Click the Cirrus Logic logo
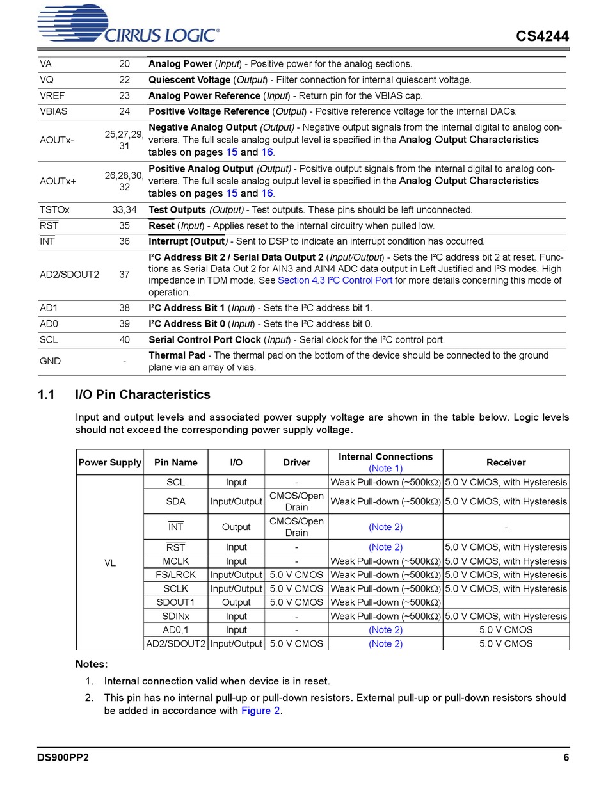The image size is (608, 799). (129, 26)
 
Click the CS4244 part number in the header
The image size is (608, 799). (542, 36)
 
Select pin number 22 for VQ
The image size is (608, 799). (124, 80)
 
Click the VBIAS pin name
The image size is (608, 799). (53, 111)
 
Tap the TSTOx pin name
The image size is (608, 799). (54, 210)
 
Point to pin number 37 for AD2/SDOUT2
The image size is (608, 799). (124, 275)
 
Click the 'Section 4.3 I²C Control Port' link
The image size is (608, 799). (335, 280)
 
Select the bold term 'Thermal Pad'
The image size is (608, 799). (177, 355)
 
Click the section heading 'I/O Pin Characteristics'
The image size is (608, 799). (143, 394)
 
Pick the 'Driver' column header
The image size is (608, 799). (296, 462)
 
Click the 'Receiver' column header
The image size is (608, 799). (506, 462)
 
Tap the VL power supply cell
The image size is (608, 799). (110, 563)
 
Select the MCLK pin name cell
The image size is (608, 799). (175, 561)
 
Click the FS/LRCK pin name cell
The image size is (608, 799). (175, 575)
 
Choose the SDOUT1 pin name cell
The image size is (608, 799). (175, 602)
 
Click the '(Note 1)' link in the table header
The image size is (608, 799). (385, 469)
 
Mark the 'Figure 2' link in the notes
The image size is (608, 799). (260, 711)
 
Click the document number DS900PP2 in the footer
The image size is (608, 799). (63, 758)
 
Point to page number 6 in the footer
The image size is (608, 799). (566, 758)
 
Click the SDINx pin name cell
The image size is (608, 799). (175, 617)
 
